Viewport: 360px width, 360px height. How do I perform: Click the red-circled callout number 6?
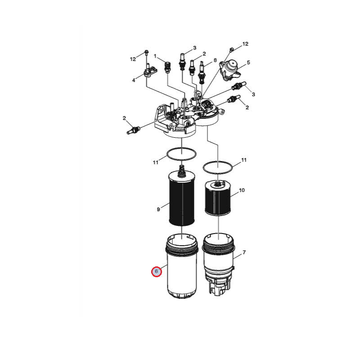point(156,272)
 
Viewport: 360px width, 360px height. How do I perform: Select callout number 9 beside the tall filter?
point(158,209)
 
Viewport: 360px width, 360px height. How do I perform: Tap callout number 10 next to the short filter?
point(242,190)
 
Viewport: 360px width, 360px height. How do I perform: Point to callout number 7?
point(244,252)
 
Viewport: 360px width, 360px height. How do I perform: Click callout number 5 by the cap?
point(248,63)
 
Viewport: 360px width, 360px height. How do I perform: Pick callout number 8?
point(215,60)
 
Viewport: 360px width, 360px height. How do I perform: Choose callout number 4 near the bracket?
point(134,81)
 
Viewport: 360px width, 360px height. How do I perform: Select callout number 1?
point(155,56)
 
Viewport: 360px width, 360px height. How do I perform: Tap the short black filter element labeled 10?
point(217,198)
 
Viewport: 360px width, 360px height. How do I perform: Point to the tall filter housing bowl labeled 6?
point(181,266)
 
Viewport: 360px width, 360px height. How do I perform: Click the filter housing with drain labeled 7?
point(218,264)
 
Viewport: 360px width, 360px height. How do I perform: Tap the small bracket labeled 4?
point(150,71)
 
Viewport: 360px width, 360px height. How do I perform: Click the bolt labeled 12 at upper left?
point(146,53)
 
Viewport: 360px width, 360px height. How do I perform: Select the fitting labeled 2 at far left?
point(133,130)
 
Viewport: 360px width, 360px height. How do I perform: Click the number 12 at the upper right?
point(245,44)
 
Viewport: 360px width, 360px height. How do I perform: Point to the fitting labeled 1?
point(167,67)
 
